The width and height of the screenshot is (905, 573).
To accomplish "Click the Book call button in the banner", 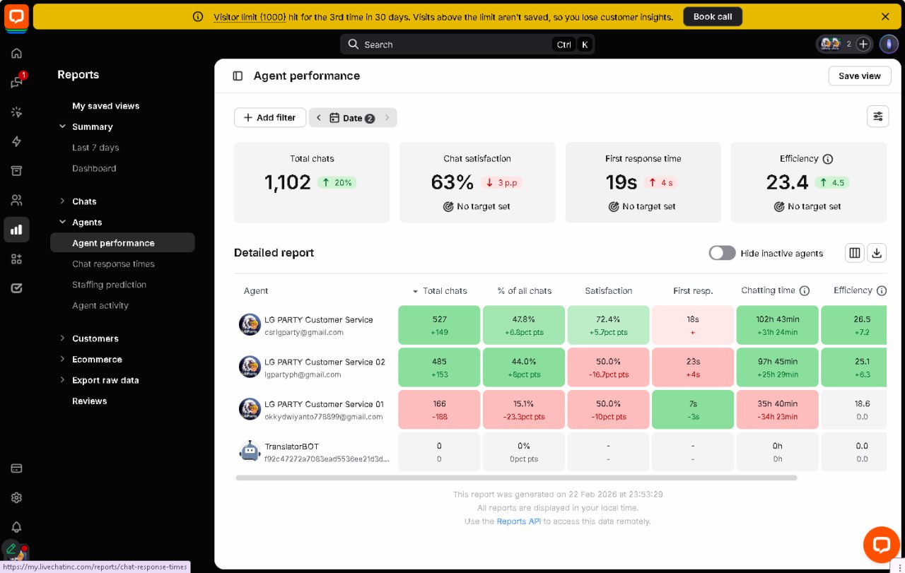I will coord(712,16).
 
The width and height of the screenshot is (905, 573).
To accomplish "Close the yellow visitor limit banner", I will coord(885,16).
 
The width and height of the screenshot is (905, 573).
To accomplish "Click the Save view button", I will coord(859,76).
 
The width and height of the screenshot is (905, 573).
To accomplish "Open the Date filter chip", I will coord(352,118).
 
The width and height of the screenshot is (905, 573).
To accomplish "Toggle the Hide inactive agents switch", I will coord(722,253).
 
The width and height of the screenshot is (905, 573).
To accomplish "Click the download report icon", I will coord(877,253).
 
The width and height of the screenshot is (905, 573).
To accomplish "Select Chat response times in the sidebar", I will coord(113,264).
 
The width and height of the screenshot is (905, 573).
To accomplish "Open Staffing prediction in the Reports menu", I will coord(109,285).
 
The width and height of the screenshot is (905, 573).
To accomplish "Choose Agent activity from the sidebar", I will coord(100,305).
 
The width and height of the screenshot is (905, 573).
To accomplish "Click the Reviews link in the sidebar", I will coord(89,401).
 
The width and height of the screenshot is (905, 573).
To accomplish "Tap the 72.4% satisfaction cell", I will coord(608,325).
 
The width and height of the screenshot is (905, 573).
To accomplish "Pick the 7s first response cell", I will coord(693,409).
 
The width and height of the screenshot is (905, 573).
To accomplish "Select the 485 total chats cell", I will coord(439,367).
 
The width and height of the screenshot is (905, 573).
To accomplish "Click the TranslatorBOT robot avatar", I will coord(250,451).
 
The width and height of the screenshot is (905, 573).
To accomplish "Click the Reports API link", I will coord(518,521).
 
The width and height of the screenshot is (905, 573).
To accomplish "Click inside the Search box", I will coord(452,45).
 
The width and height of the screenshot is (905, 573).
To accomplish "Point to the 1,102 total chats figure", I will coord(288,182).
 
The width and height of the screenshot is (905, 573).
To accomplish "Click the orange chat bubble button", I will coord(881,544).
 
